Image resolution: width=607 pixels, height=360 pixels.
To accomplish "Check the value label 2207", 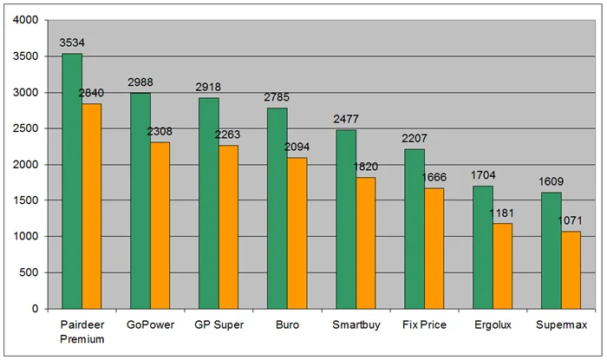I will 414,138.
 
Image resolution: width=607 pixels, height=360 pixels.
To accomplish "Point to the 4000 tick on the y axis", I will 26,20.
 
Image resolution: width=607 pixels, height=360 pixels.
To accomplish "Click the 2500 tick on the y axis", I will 26,128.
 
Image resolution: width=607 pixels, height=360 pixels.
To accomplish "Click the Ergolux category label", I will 492,325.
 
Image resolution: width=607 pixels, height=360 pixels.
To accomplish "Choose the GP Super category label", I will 219,325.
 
